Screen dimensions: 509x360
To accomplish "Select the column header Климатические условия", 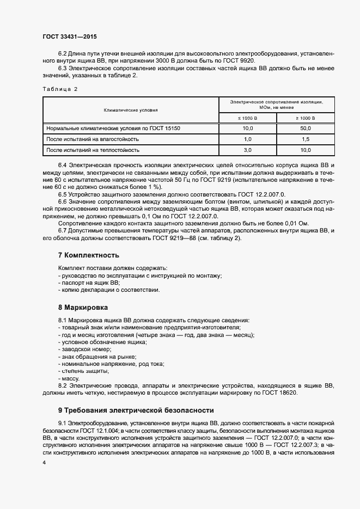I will coord(131,110).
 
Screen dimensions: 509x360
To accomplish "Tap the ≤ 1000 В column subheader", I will coord(247,118).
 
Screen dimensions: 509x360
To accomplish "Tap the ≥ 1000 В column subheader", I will coord(306,118).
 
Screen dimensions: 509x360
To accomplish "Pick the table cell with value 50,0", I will coord(306,128).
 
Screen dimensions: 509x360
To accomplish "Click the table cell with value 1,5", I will coord(306,139).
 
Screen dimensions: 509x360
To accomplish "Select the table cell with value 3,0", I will coord(247,149).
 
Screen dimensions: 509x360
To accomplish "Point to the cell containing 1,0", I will coord(247,139).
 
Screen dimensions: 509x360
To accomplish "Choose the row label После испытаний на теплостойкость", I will coord(93,149).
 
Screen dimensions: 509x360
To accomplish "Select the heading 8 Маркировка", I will coord(83,307).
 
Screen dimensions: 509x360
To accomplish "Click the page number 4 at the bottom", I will coord(44,462).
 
